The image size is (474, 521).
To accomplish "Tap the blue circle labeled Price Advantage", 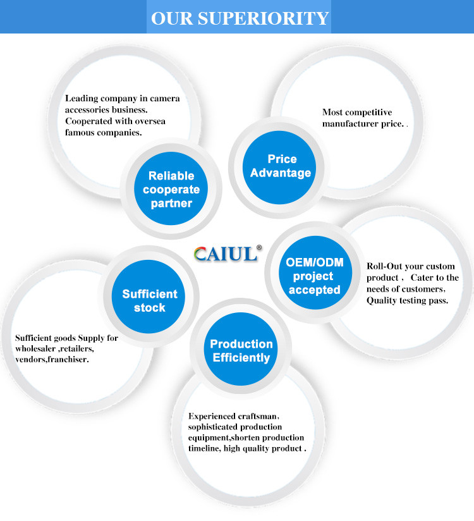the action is click(281, 166).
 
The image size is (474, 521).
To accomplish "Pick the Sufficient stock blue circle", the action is click(150, 300).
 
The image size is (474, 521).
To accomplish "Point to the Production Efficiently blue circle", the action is click(241, 351).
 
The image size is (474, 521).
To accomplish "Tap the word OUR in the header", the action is click(172, 18).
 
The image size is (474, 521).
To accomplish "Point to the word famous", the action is click(80, 132).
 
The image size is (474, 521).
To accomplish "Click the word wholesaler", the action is click(39, 348).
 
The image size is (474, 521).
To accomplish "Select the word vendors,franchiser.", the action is click(52, 359).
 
